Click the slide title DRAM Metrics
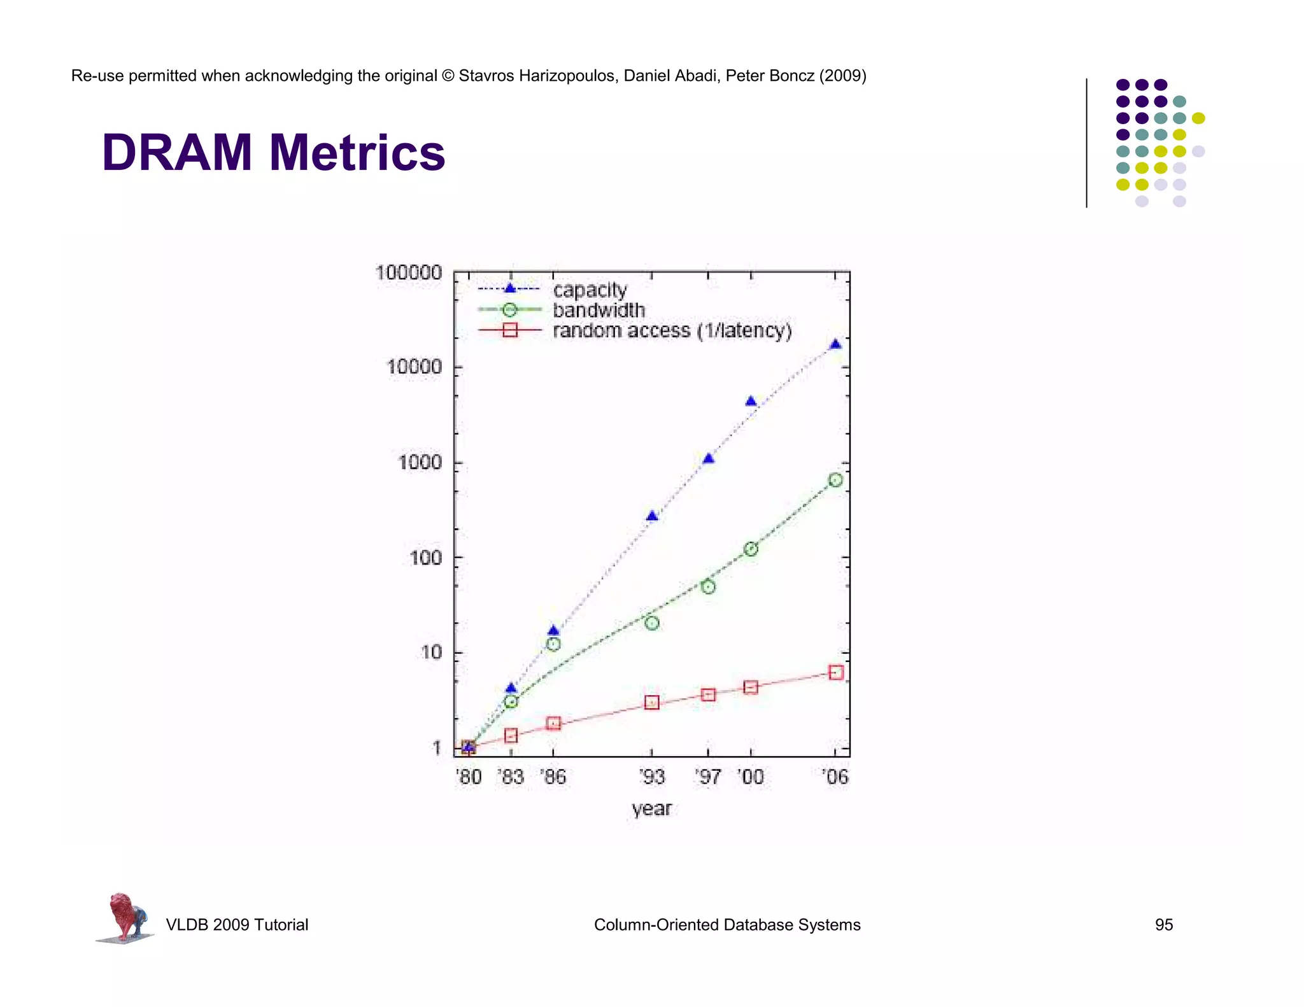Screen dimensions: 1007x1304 click(x=273, y=153)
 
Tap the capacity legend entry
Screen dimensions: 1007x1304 click(x=590, y=290)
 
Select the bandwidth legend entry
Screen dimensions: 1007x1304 click(x=599, y=310)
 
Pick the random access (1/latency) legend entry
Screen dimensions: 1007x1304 click(x=672, y=330)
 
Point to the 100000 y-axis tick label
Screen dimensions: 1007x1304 click(x=408, y=272)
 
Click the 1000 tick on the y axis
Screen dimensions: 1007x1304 click(x=420, y=462)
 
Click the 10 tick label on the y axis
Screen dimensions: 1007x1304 click(x=431, y=652)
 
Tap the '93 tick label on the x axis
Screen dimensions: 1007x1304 click(x=651, y=777)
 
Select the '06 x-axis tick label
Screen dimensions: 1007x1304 click(x=835, y=777)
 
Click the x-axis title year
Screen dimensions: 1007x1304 click(x=651, y=808)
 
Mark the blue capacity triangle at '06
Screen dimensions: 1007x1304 click(x=835, y=344)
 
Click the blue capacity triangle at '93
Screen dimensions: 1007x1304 click(x=651, y=516)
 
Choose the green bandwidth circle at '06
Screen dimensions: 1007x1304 click(x=835, y=480)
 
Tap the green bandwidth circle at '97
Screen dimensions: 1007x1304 click(x=708, y=587)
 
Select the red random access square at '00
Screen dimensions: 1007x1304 click(x=751, y=687)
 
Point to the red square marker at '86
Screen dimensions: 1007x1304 click(x=553, y=724)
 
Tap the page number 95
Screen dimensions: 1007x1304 click(x=1163, y=925)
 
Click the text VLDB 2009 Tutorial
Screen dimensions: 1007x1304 click(x=237, y=925)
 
